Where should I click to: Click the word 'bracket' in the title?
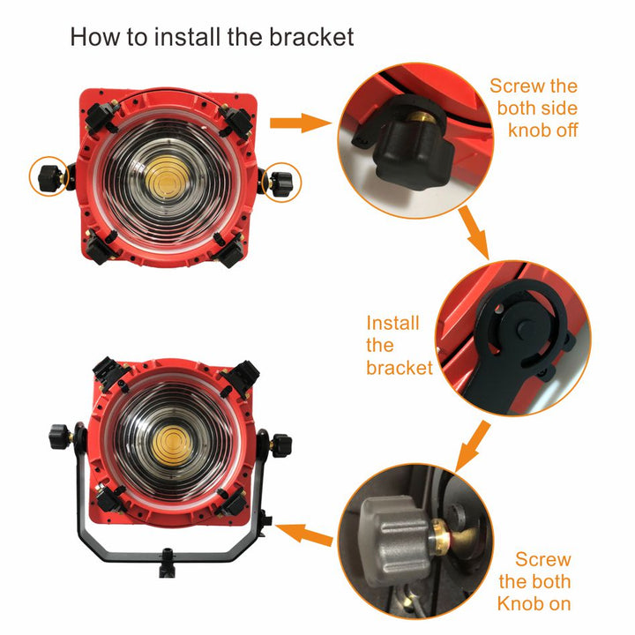pyautogui.click(x=311, y=37)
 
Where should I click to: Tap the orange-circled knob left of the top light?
pyautogui.click(x=50, y=177)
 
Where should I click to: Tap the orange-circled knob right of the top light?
pyautogui.click(x=280, y=183)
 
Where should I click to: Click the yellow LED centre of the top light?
pyautogui.click(x=167, y=180)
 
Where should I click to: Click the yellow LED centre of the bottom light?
pyautogui.click(x=173, y=445)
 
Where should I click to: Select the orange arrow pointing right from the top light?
pyautogui.click(x=301, y=123)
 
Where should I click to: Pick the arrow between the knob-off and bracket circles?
pyautogui.click(x=474, y=232)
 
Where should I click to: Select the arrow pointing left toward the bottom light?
pyautogui.click(x=303, y=533)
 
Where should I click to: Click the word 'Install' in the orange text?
pyautogui.click(x=392, y=323)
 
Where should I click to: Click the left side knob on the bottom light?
pyautogui.click(x=60, y=437)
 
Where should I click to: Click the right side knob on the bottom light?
pyautogui.click(x=280, y=445)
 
